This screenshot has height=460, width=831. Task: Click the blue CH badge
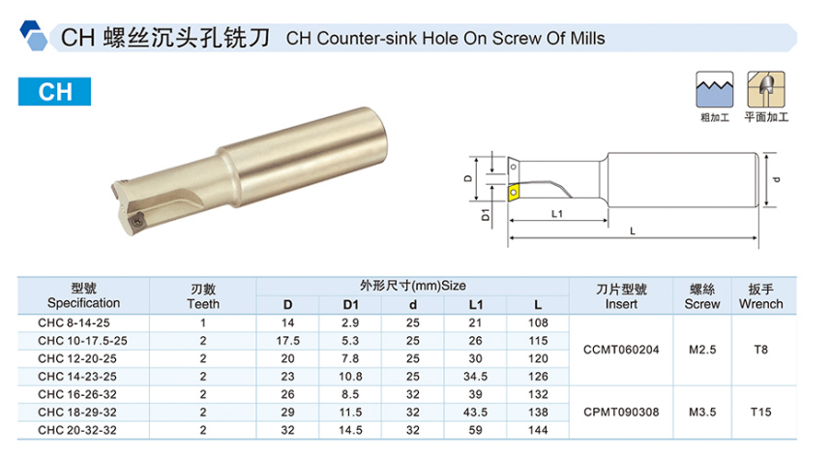tap(56, 92)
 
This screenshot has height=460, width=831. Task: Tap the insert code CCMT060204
tap(623, 349)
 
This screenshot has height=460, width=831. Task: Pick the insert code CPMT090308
tap(623, 411)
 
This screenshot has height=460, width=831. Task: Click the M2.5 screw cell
tap(703, 349)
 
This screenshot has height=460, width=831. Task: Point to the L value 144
tap(537, 428)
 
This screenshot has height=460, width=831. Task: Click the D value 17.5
tap(288, 340)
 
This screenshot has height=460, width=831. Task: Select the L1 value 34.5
tap(473, 376)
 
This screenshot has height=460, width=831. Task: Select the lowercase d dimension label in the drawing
tap(777, 177)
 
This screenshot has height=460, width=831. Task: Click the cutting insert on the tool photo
tap(136, 220)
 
